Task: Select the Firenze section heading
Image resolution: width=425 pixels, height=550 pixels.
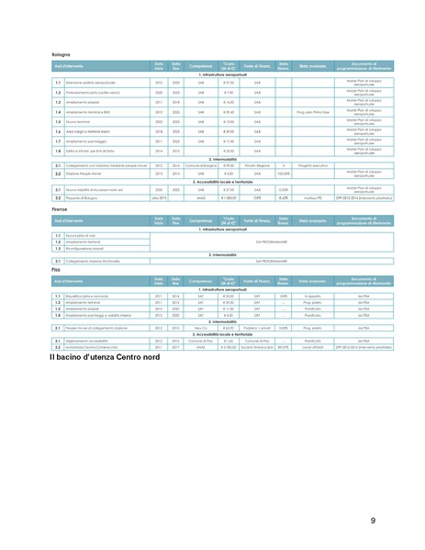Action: point(60,210)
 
